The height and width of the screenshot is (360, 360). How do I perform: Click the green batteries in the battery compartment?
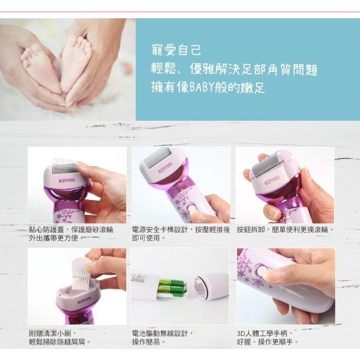pos(172,287)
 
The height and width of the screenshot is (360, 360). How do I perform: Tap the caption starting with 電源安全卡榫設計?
pos(181,233)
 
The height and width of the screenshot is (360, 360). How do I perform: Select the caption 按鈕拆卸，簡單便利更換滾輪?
pos(285,229)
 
